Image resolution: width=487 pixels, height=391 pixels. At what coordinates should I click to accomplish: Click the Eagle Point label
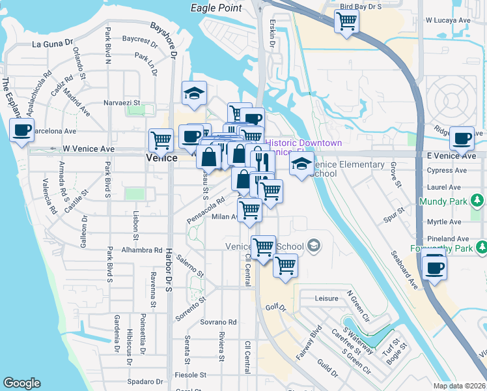tap(216, 8)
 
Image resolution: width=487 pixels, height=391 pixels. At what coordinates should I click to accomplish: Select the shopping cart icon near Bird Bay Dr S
tap(346, 21)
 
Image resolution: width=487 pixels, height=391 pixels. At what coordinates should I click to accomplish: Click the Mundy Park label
tap(447, 202)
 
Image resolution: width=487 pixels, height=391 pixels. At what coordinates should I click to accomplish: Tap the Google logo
tap(21, 383)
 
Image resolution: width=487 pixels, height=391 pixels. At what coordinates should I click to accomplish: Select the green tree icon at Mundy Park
tap(479, 199)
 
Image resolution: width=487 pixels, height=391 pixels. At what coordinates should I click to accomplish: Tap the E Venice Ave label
tap(451, 156)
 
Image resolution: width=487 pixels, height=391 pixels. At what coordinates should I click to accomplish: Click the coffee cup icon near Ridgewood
tap(462, 138)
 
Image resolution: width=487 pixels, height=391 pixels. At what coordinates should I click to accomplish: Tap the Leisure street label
tap(326, 298)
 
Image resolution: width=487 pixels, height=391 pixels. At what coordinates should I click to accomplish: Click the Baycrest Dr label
tap(139, 40)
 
